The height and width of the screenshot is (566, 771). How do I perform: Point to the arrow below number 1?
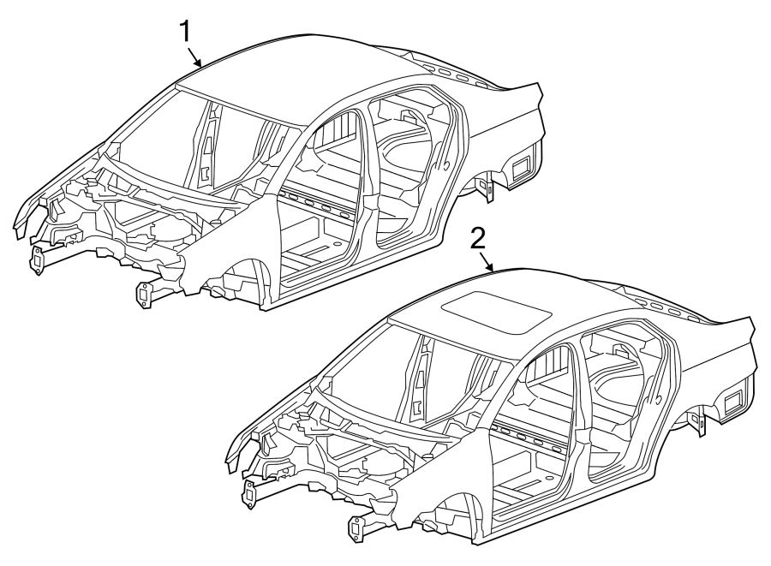pyautogui.click(x=196, y=59)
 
